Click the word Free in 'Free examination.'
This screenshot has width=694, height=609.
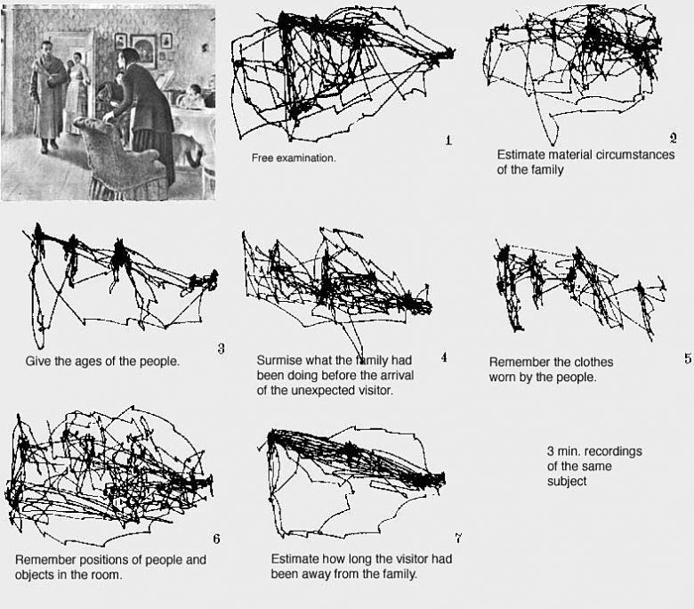tap(262, 158)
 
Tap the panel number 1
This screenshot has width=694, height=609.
tap(448, 141)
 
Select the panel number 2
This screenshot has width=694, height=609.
tap(673, 139)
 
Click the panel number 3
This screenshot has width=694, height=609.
tap(221, 348)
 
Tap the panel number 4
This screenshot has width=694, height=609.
tap(444, 357)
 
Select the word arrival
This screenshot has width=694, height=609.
tap(395, 375)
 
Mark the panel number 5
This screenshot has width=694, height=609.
tap(688, 358)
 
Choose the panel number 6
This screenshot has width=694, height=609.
tap(216, 539)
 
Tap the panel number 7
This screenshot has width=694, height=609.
tap(458, 538)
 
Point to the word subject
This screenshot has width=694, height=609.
tap(567, 482)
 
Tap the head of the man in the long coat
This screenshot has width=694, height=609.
tap(46, 48)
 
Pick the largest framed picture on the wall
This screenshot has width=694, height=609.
tap(143, 50)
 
